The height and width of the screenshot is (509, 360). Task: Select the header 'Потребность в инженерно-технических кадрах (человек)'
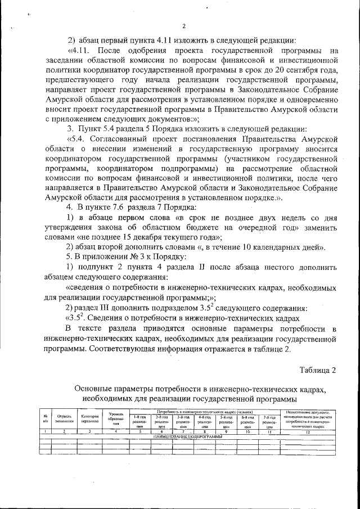(x=205, y=412)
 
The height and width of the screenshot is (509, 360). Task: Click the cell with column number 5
(x=139, y=431)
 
